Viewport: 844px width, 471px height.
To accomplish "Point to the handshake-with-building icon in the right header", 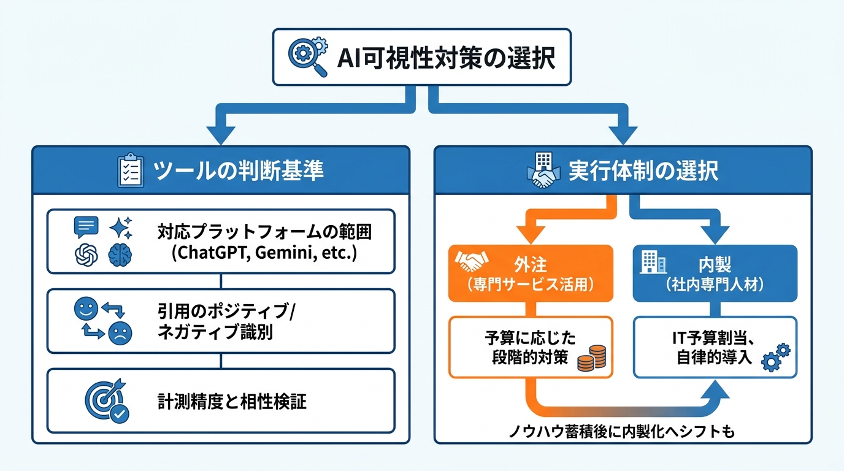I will point(542,170).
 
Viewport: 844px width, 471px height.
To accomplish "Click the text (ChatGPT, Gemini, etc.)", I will point(264,253).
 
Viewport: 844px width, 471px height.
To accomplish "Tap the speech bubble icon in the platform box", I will point(86,227).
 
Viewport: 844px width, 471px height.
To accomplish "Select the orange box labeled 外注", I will point(531,273).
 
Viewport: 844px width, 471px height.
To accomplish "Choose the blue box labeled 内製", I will point(715,273).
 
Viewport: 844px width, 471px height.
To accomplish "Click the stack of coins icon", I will point(592,358).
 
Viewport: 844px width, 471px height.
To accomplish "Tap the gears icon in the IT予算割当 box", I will point(775,358).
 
